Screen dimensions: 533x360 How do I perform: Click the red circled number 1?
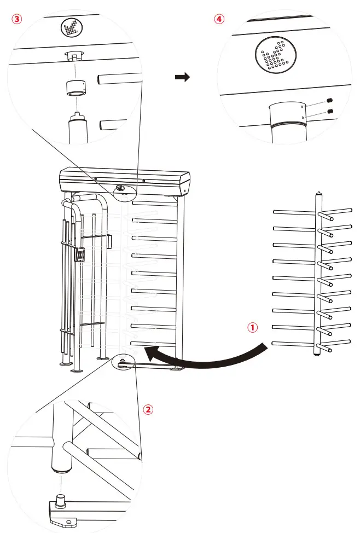pos(252,327)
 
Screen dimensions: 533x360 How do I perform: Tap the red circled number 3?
pos(17,19)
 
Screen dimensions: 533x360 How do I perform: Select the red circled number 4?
pos(219,19)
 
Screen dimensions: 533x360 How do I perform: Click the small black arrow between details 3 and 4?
pos(182,78)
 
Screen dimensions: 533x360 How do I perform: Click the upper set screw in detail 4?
pos(330,100)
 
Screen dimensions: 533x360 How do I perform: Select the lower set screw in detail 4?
pos(330,112)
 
